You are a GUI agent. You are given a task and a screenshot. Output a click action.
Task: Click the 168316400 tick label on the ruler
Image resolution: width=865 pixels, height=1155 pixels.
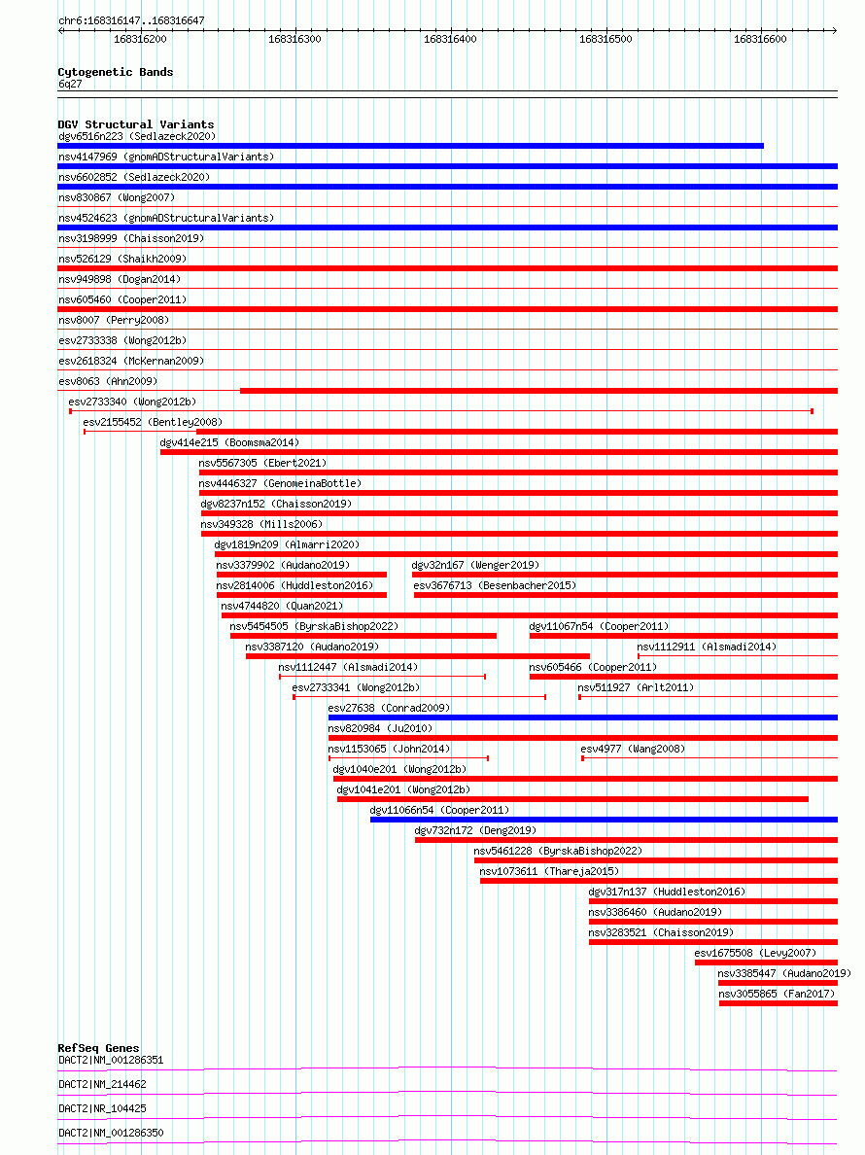click(x=450, y=39)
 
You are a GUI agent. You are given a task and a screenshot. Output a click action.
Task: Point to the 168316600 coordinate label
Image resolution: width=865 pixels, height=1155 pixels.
click(x=761, y=39)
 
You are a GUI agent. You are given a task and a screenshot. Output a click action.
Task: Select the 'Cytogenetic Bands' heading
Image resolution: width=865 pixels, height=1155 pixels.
click(x=115, y=72)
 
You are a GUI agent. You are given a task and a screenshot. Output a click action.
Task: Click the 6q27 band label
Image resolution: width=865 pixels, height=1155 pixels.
click(x=70, y=84)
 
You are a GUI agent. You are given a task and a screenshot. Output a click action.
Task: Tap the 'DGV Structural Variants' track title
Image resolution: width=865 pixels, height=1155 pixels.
click(x=135, y=124)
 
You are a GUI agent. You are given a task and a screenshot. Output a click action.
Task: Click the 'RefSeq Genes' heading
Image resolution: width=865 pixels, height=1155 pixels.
click(x=98, y=1048)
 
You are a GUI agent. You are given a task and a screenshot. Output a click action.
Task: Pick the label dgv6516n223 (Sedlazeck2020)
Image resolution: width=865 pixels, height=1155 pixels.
click(x=136, y=137)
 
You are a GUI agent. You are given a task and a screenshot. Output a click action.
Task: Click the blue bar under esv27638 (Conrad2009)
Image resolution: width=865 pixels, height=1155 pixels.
click(x=582, y=717)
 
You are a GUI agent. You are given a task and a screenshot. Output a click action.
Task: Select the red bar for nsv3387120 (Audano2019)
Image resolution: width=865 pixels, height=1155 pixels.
click(x=417, y=656)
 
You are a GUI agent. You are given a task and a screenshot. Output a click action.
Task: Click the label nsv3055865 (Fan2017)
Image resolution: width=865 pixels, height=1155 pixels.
click(x=777, y=994)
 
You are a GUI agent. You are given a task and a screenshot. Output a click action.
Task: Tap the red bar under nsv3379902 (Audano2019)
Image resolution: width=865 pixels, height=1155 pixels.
click(x=301, y=575)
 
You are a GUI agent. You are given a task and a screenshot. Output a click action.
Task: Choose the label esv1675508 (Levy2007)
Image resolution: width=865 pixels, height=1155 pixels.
click(x=755, y=953)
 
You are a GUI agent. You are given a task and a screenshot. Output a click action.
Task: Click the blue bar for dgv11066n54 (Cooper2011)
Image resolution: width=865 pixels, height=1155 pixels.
click(x=603, y=820)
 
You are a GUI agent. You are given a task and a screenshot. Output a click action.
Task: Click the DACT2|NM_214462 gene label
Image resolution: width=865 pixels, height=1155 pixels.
click(x=102, y=1084)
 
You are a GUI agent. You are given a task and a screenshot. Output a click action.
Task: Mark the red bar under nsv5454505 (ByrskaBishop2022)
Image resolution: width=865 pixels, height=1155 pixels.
click(x=363, y=636)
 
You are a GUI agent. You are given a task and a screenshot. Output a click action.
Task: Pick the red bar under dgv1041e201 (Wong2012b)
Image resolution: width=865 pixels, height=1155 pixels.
click(x=571, y=799)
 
